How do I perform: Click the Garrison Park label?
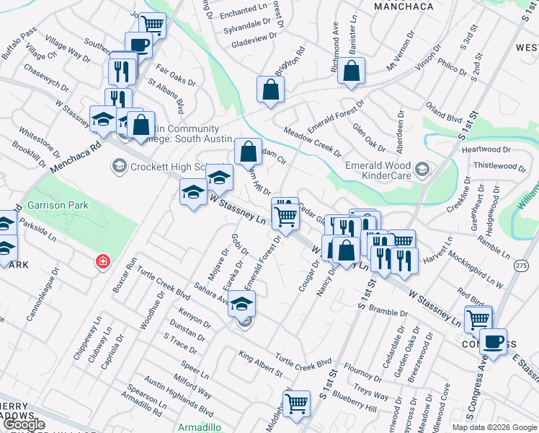point(57,205)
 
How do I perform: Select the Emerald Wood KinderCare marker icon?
point(422,170)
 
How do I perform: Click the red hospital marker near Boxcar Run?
point(104,261)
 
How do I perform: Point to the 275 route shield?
point(521,266)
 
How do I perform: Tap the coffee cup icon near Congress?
point(493,341)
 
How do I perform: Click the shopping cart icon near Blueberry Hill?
point(296,403)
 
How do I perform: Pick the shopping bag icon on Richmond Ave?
point(352,71)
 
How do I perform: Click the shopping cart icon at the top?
point(153,24)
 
